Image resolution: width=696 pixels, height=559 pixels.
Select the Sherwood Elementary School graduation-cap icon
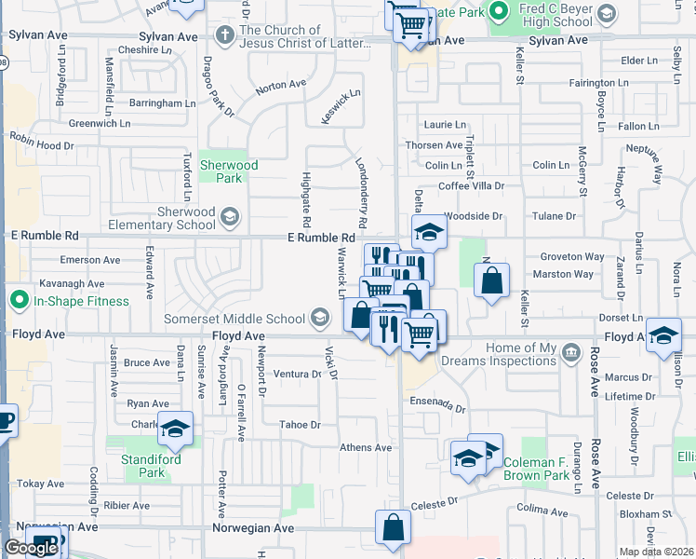pyautogui.click(x=229, y=218)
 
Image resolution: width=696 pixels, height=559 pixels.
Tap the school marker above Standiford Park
pyautogui.click(x=174, y=429)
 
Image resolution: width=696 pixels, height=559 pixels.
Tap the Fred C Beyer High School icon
pyautogui.click(x=607, y=15)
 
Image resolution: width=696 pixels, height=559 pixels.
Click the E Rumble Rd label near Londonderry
pyautogui.click(x=322, y=239)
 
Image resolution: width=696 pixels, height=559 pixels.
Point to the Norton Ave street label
pyautogui.click(x=281, y=85)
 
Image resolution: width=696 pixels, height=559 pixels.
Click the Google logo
pyautogui.click(x=31, y=548)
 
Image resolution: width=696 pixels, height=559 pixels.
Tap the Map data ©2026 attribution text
pyautogui.click(x=657, y=552)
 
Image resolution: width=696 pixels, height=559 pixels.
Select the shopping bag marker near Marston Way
pyautogui.click(x=491, y=279)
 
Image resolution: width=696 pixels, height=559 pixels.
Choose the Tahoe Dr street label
pyautogui.click(x=300, y=425)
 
